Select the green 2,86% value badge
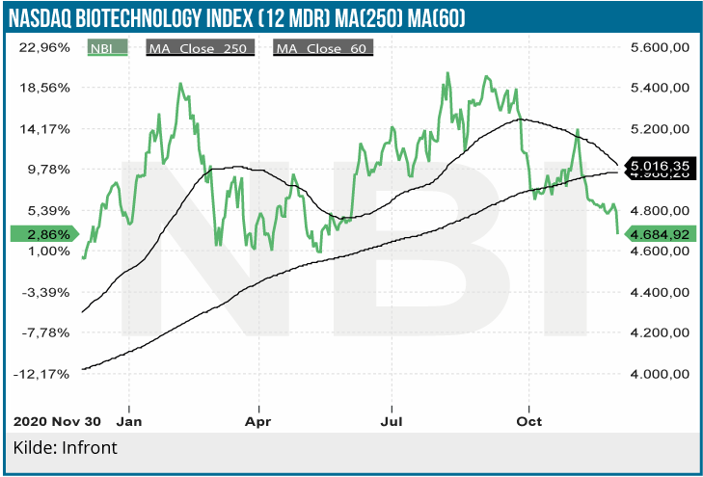click(39, 233)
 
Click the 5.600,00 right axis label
click(661, 47)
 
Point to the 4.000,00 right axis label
click(661, 374)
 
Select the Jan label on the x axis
click(129, 421)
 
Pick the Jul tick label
click(392, 421)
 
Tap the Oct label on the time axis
click(529, 421)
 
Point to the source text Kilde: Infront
click(65, 448)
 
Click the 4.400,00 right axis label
click(661, 292)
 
